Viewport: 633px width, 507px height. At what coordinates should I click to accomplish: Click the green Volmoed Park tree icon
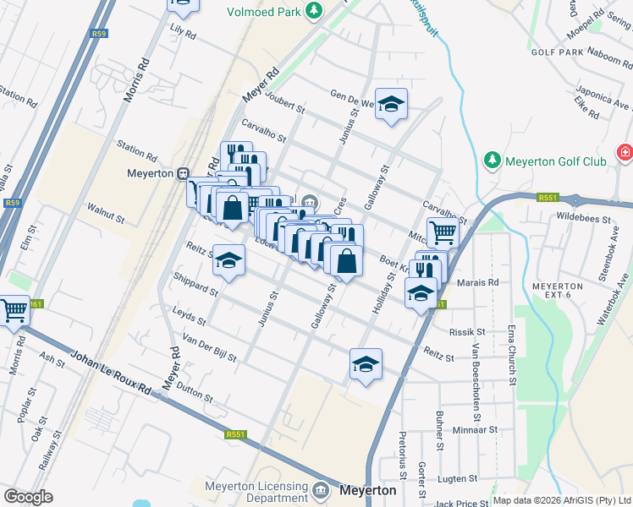point(315,11)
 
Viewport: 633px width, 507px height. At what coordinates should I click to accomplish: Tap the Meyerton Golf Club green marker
point(492,161)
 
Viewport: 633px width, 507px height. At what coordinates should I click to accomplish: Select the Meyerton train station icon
point(182,173)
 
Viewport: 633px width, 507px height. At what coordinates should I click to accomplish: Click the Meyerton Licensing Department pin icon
point(321,490)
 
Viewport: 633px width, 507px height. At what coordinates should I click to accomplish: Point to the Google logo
point(28,497)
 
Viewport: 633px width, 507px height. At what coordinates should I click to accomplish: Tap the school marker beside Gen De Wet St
point(391,104)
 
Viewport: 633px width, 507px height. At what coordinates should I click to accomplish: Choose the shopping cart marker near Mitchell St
point(443,231)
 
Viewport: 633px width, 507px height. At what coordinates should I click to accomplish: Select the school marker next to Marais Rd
point(421,294)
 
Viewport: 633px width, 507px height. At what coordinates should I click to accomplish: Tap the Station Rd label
point(137,152)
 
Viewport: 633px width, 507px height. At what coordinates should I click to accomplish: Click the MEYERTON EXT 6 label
point(558,292)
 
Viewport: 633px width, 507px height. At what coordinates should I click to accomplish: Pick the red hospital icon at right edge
point(625,152)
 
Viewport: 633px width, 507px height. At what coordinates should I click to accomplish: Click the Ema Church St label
point(511,346)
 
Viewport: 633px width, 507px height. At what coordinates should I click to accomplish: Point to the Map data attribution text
point(561,500)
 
